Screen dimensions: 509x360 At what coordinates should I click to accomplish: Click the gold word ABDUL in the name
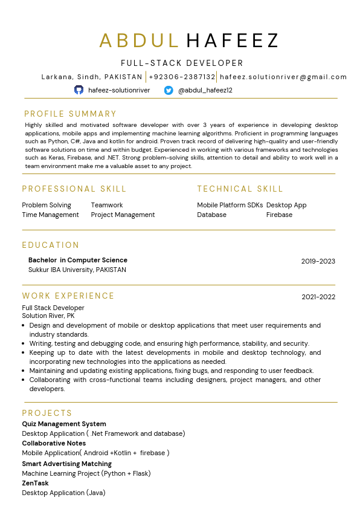140,41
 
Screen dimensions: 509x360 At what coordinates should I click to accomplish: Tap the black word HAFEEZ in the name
233,41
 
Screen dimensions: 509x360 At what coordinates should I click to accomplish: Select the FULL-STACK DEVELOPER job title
182,63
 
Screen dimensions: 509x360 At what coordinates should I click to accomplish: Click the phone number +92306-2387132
182,77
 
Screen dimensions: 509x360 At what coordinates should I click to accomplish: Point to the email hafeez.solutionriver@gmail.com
283,77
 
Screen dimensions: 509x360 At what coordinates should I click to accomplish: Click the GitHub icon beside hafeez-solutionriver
79,90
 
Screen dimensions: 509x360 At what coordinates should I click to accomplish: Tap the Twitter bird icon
169,90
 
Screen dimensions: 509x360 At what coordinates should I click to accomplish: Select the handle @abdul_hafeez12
205,90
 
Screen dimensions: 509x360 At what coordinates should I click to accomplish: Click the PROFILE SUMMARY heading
70,114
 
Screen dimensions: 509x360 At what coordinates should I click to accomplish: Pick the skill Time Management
50,215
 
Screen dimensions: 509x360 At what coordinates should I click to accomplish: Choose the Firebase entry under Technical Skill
279,215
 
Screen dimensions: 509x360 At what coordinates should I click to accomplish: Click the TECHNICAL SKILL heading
240,189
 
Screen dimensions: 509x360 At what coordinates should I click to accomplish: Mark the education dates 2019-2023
318,261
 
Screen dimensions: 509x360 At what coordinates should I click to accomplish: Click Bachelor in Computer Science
78,260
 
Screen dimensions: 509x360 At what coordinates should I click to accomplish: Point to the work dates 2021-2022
318,297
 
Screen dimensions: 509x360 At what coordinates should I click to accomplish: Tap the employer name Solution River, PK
48,316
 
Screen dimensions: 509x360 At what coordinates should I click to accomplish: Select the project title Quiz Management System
64,424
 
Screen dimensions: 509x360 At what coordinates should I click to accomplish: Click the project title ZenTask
35,483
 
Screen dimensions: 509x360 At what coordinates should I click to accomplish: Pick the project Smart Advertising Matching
66,464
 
